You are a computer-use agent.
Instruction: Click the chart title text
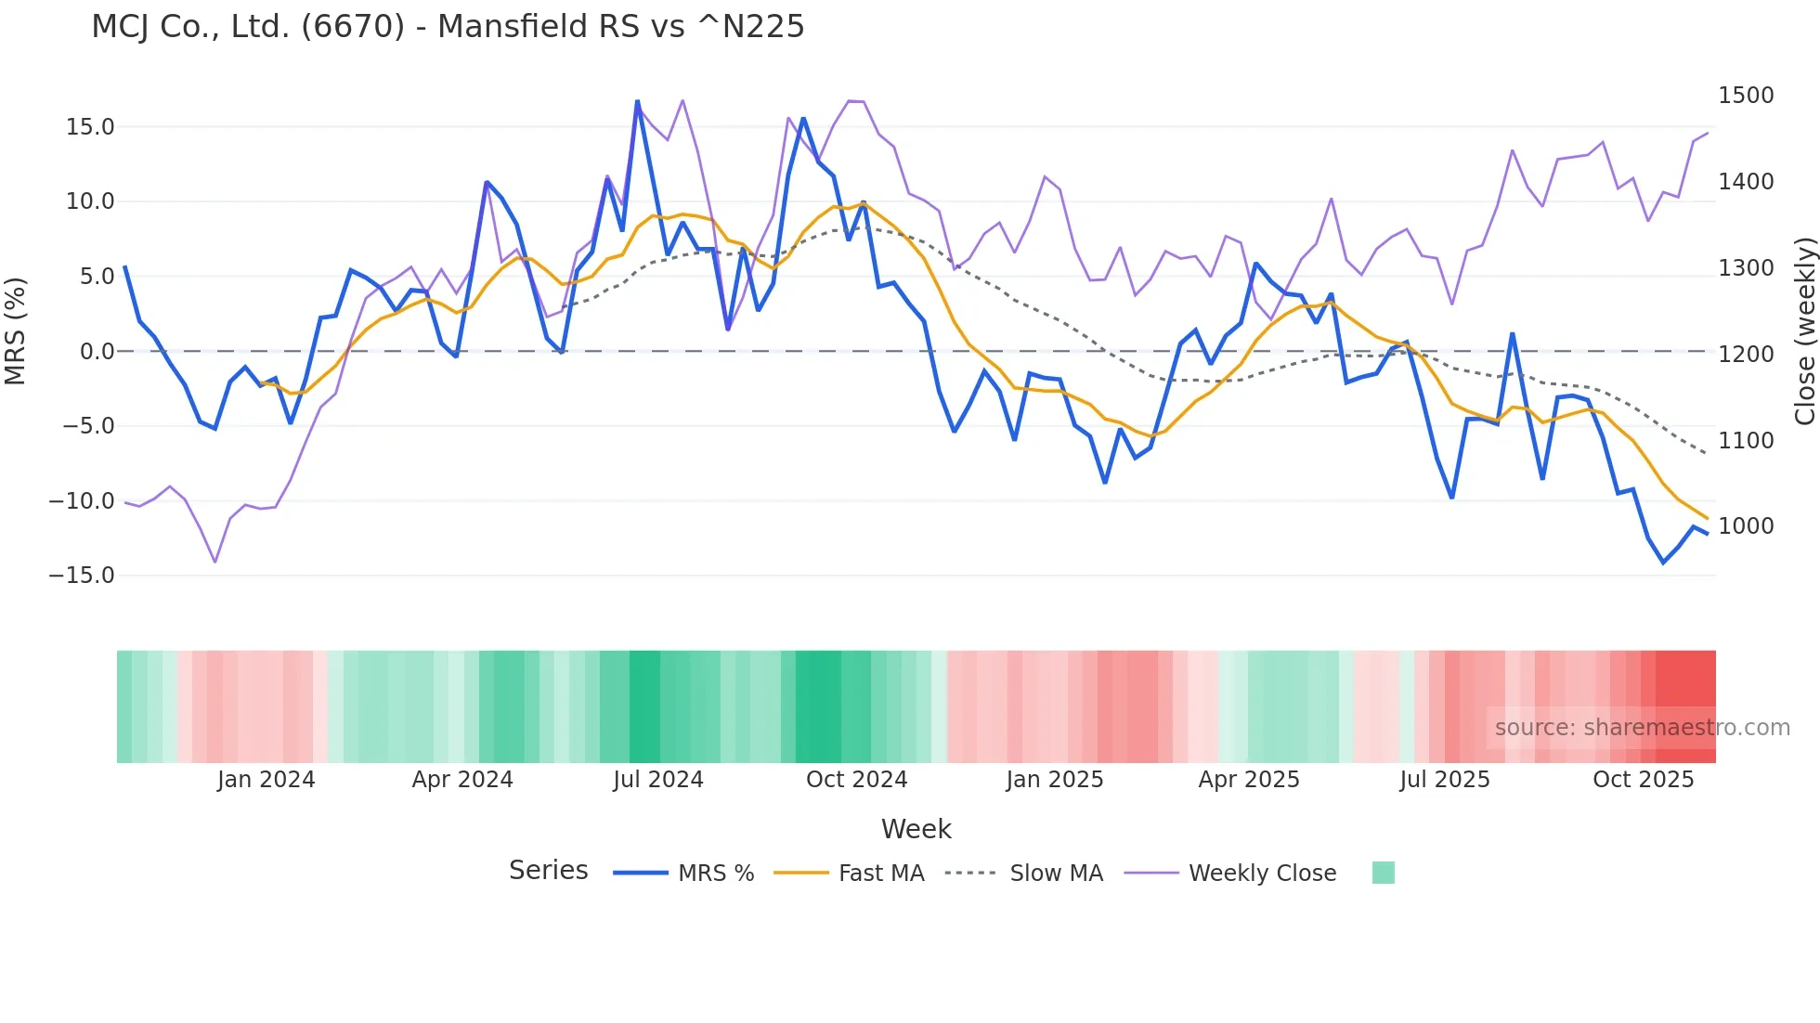coord(448,26)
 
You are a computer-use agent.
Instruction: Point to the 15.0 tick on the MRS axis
coord(90,127)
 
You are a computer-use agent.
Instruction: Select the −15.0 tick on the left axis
coord(82,576)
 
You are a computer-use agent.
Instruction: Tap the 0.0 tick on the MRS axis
coord(97,352)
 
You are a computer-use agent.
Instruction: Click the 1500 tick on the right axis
coord(1746,96)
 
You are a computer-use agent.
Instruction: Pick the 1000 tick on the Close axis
coord(1746,526)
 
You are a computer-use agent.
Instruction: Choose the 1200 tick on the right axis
coord(1746,354)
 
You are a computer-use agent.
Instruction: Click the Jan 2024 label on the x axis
coord(266,780)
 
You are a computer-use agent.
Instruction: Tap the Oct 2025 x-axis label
coord(1644,780)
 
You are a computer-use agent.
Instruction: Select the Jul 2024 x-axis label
coord(658,780)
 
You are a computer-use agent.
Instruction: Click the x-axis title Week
coord(916,829)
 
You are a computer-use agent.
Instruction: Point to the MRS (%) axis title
coord(16,331)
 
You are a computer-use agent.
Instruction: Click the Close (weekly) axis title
coord(1804,331)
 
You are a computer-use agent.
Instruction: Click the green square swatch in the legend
coord(1383,873)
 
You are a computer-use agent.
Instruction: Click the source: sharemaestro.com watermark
coord(1642,728)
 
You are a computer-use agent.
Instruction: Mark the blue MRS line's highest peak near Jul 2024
coord(637,101)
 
